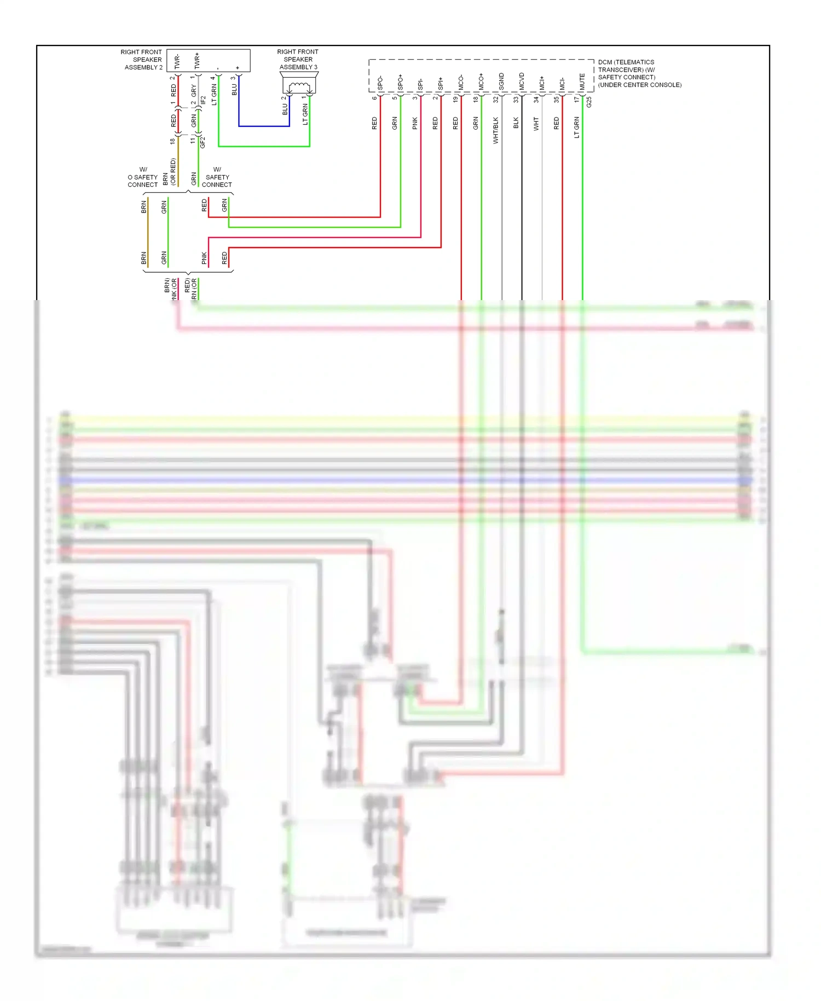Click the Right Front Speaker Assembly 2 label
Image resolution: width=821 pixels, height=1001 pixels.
coord(142,60)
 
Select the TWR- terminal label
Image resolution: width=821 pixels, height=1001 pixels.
coord(177,61)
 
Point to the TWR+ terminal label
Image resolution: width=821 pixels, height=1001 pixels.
coord(197,61)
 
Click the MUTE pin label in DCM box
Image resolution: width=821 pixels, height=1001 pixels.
coord(582,82)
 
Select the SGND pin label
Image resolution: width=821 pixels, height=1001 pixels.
coord(501,82)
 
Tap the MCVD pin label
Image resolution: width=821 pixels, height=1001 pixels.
coord(522,82)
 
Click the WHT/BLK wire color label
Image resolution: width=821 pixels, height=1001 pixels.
coord(496,130)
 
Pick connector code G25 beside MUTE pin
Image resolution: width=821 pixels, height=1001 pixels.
coord(589,102)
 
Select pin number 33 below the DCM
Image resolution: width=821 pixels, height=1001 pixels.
coord(516,100)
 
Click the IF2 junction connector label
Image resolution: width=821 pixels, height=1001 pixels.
coord(203,100)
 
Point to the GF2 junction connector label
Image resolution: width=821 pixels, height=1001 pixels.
coord(203,142)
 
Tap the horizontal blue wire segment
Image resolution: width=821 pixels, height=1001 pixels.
coord(264,126)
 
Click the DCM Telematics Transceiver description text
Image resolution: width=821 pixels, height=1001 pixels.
coord(639,73)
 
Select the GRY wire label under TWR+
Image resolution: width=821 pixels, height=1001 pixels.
coord(194,90)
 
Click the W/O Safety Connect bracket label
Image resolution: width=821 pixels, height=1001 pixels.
coord(142,177)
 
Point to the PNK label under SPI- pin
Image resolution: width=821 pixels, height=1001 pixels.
coord(415,123)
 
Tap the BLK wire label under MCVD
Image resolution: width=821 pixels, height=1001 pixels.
coord(516,123)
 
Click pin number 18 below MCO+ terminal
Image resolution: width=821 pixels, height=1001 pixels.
coord(475,100)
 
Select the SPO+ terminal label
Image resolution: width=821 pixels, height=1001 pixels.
coord(400,83)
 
